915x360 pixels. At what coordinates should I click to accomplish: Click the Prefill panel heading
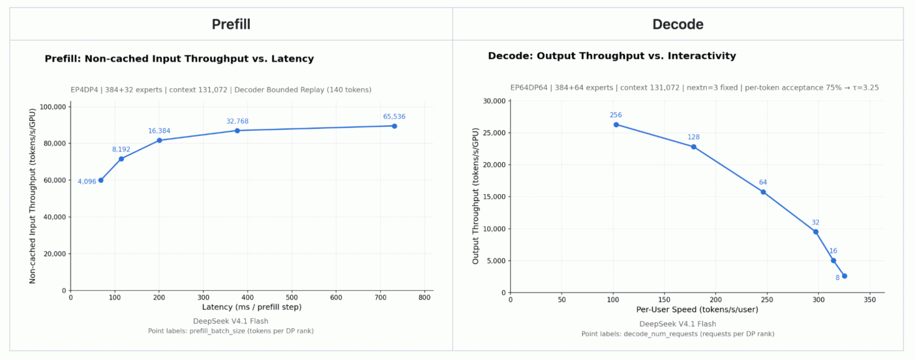click(231, 25)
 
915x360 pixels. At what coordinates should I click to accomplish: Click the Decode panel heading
click(677, 25)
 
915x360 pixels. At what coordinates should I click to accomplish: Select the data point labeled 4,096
click(101, 180)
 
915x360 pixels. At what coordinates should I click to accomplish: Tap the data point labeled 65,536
click(394, 126)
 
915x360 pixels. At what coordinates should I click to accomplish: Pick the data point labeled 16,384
click(160, 140)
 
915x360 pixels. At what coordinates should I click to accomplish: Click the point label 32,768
click(238, 121)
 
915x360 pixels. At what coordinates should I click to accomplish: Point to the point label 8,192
click(121, 150)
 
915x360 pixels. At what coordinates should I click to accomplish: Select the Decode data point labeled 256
click(616, 125)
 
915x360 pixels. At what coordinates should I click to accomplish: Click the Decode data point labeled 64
click(763, 192)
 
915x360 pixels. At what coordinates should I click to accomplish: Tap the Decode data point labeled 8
click(845, 276)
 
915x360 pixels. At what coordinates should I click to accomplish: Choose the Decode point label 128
click(694, 137)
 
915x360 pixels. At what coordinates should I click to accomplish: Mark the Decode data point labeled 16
click(833, 260)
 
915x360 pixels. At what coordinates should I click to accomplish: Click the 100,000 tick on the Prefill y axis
click(53, 107)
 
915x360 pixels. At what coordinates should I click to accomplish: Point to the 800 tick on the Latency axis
click(425, 297)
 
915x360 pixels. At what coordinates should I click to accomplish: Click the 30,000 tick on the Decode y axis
click(494, 101)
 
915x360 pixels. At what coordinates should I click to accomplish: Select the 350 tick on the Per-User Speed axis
click(870, 300)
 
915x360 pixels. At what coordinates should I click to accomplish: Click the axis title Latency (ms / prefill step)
click(252, 307)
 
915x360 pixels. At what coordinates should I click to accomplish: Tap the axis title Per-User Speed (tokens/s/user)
click(697, 310)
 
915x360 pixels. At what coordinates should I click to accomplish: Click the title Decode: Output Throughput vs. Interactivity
click(612, 56)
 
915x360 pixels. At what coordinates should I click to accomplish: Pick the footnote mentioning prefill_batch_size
click(231, 331)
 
